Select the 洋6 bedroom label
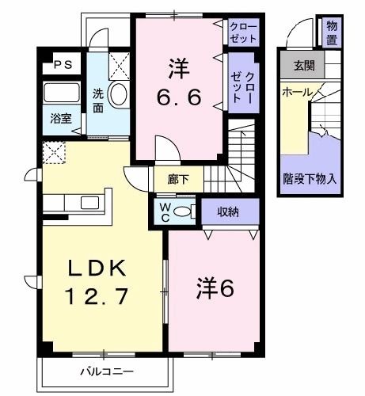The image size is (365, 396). [x=215, y=290]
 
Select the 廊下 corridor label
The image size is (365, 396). [x=178, y=179]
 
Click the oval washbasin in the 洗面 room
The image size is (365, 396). [x=119, y=94]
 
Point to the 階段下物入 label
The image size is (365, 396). [x=310, y=179]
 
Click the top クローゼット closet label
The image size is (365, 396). [x=241, y=32]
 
